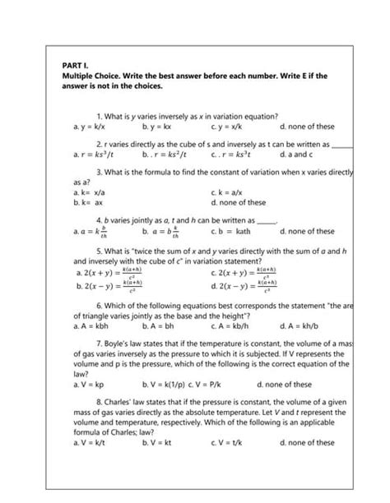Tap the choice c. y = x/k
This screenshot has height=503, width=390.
coord(227,127)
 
